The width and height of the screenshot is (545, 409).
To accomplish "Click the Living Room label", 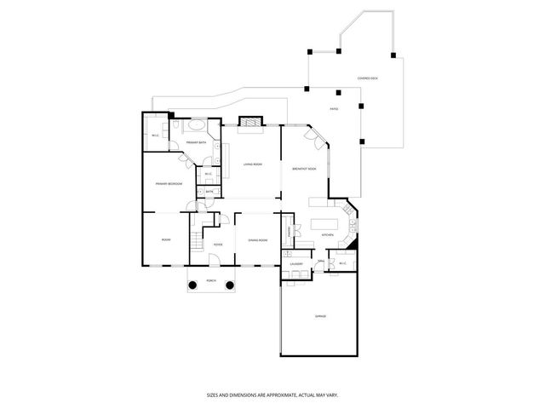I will [252, 164].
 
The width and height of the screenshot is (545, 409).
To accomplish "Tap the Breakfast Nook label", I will [304, 169].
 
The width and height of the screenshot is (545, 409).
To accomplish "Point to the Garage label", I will [320, 316].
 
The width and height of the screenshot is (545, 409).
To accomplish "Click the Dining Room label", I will [258, 240].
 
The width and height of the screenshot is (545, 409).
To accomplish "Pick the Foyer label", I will [218, 245].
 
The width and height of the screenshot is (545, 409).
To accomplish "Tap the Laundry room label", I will [296, 264].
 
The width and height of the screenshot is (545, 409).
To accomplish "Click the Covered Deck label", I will [368, 78].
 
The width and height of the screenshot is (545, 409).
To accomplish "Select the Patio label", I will [335, 109].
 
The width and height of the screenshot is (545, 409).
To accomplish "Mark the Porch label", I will [210, 280].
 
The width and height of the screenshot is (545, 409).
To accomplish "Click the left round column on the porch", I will [192, 285].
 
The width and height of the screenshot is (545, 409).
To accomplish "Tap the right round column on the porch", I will [229, 285].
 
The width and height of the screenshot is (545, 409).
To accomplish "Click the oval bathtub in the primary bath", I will [197, 124].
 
